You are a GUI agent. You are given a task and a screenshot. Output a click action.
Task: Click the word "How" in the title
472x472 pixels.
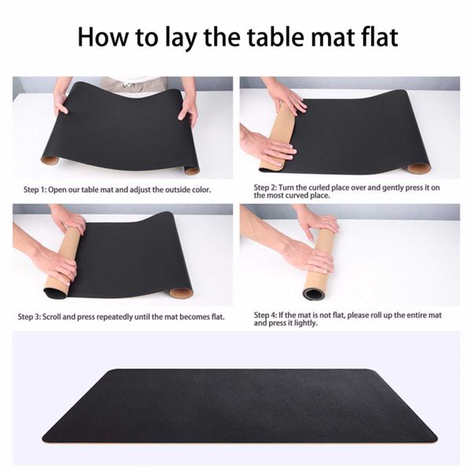(102, 37)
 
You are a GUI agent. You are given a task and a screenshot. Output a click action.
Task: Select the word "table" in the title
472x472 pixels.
(276, 37)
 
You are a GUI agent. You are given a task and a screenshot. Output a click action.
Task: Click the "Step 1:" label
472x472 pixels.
(35, 190)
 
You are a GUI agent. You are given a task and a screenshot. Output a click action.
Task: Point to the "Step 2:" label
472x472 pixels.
(265, 188)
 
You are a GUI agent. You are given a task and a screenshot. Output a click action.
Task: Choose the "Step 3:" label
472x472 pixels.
(29, 317)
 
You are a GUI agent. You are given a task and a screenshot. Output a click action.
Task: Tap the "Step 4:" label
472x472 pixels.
(265, 315)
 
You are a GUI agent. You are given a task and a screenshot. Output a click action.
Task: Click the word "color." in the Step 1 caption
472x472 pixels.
(201, 190)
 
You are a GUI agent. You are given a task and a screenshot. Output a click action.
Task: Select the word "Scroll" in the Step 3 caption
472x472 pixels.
(52, 317)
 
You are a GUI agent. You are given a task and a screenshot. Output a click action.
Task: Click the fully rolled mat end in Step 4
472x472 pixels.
(314, 293)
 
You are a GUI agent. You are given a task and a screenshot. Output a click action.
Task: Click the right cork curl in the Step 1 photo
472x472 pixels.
(192, 171)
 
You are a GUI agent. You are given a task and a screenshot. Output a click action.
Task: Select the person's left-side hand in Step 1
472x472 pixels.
(61, 101)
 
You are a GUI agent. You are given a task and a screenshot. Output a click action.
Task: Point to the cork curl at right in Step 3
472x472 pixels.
(181, 292)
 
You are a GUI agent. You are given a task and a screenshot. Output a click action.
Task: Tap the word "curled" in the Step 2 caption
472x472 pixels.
(319, 188)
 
